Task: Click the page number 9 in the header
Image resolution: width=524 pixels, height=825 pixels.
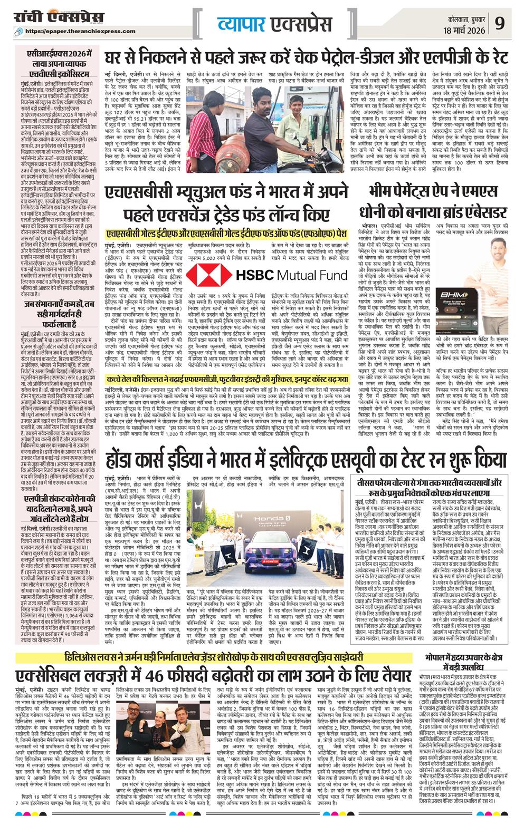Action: [500, 24]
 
